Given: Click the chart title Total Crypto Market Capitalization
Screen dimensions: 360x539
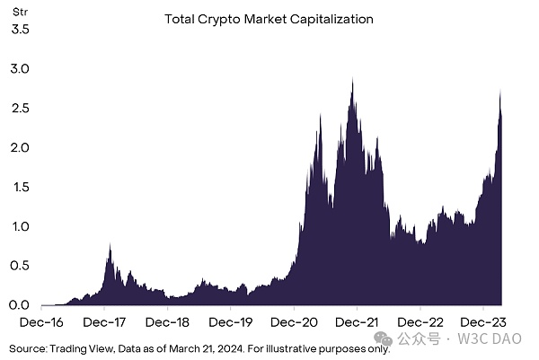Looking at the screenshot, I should pyautogui.click(x=269, y=18).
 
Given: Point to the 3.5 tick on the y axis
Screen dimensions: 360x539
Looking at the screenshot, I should pyautogui.click(x=20, y=29).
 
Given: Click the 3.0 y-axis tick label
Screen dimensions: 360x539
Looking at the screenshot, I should pyautogui.click(x=20, y=68).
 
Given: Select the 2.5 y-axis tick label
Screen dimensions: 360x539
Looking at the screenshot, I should pyautogui.click(x=20, y=108).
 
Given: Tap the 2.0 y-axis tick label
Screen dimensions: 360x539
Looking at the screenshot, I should pyautogui.click(x=20, y=147).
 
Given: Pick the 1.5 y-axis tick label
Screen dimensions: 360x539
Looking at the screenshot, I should pyautogui.click(x=20, y=187).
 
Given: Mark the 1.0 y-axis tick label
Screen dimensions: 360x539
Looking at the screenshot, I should pyautogui.click(x=20, y=226).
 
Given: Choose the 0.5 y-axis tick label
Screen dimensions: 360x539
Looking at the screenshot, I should pyautogui.click(x=20, y=266).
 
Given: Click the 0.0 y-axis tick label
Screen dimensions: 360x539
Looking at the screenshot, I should pyautogui.click(x=20, y=305).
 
